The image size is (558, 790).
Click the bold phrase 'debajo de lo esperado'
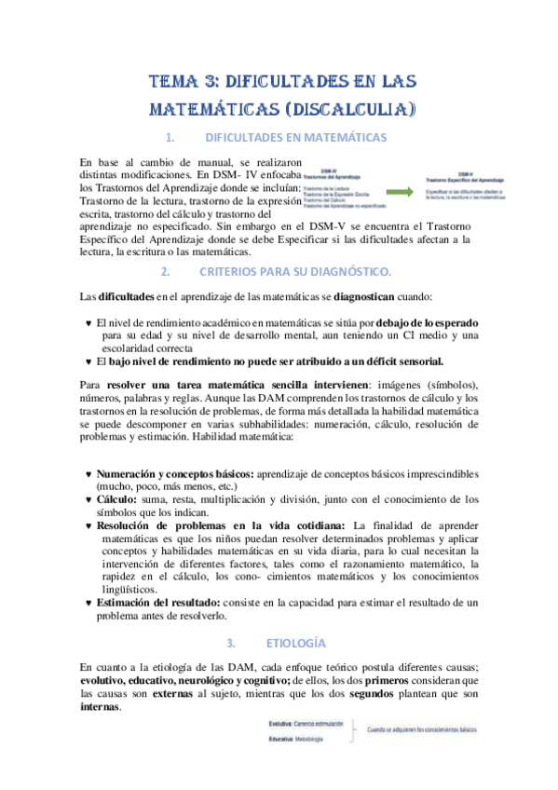[427, 321]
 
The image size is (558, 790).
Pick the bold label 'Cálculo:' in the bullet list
[117, 498]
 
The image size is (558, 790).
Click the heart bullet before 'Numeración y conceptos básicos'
[87, 473]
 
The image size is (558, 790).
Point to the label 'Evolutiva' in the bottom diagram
[281, 723]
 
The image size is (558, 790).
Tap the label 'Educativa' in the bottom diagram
[281, 739]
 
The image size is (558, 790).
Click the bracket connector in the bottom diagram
[352, 730]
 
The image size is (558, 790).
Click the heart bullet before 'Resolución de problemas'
[87, 524]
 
